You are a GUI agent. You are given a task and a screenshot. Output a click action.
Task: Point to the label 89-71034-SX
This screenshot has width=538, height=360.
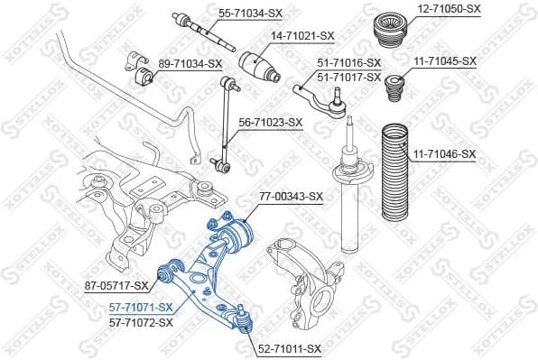click(190, 63)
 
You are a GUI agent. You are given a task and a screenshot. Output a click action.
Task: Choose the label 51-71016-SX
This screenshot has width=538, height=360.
click(349, 62)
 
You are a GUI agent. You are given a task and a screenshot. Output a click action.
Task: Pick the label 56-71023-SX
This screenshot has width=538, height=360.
click(270, 122)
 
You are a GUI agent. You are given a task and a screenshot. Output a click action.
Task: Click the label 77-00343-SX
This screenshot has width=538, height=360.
click(291, 195)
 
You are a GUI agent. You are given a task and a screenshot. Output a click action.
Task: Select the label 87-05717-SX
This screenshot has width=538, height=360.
click(116, 286)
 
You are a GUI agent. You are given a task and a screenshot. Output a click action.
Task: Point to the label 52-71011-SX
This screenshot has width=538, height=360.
click(289, 348)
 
